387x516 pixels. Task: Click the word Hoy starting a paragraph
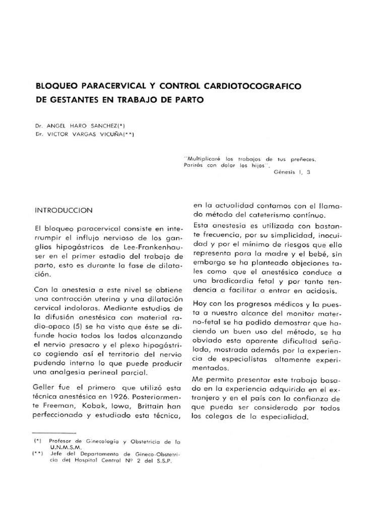tap(201, 305)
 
